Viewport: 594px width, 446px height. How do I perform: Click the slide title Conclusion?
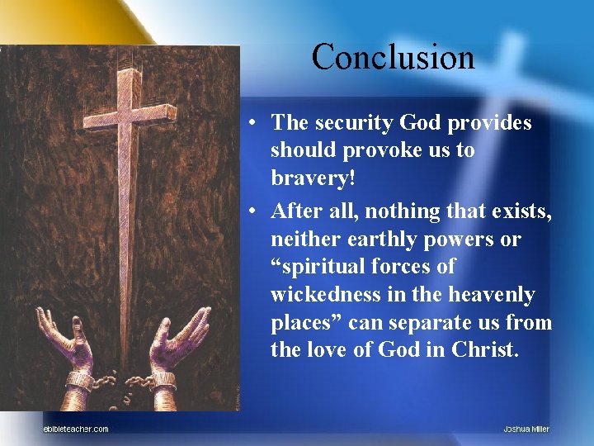(393, 57)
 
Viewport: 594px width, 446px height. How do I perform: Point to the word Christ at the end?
(485, 350)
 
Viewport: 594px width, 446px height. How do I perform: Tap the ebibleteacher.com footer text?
(75, 428)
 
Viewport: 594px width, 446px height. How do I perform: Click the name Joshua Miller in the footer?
(526, 428)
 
